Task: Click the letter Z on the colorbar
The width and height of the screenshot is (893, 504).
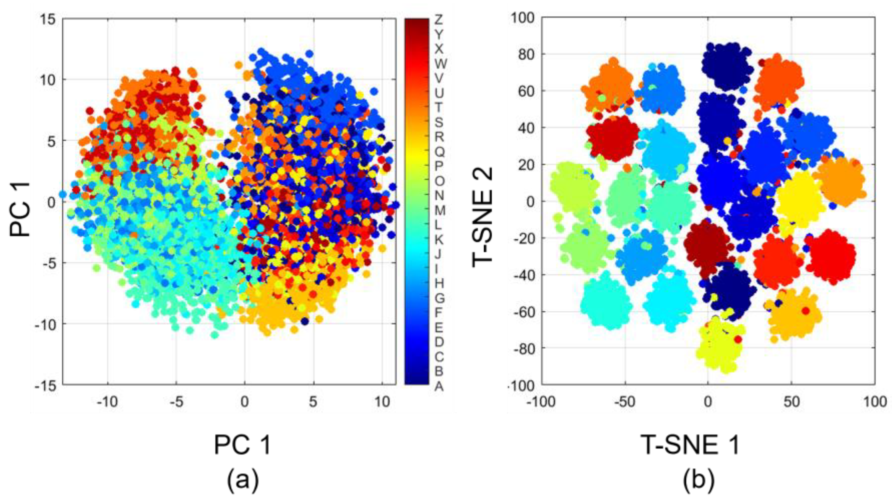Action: click(438, 19)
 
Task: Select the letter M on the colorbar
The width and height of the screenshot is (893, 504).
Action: click(440, 210)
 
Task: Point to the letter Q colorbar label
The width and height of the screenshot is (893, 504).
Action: click(439, 152)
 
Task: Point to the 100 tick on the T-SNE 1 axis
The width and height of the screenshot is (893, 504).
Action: click(875, 402)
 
